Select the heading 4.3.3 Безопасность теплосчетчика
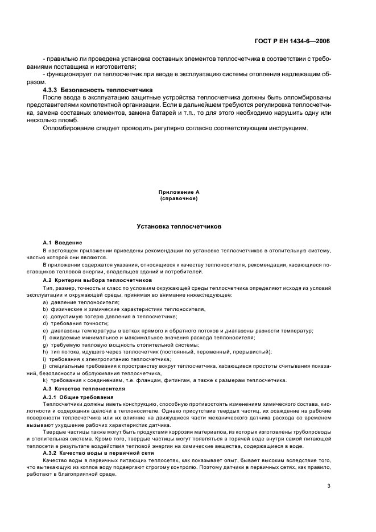click(x=98, y=90)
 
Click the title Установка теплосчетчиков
click(x=179, y=227)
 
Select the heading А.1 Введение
click(x=63, y=243)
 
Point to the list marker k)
click(x=45, y=380)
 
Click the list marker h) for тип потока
click(x=45, y=352)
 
